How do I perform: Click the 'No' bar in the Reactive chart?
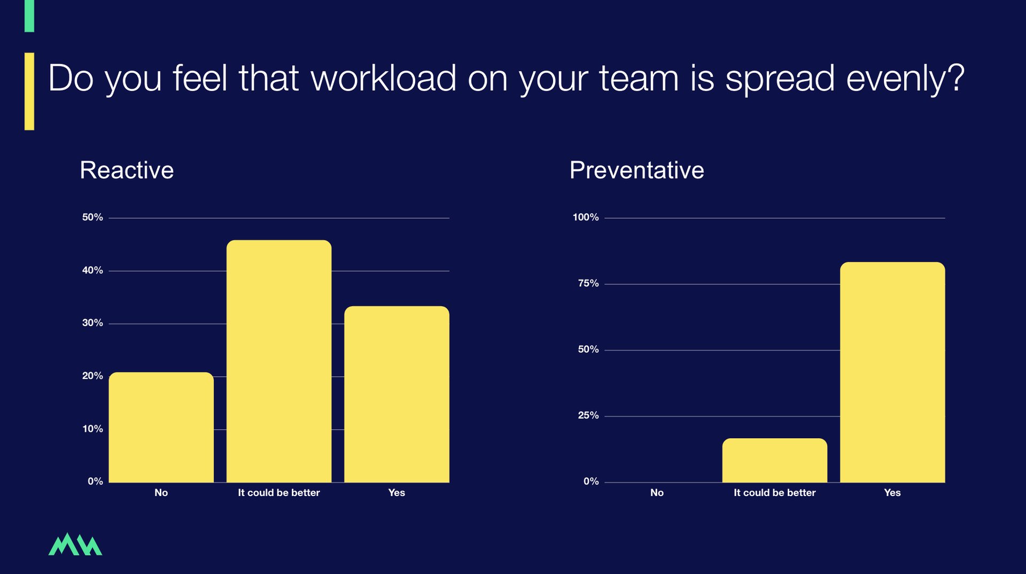point(161,427)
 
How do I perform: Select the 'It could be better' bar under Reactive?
point(279,361)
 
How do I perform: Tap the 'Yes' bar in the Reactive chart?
point(397,394)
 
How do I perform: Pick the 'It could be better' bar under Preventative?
point(775,460)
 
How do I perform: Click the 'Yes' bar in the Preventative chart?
point(892,372)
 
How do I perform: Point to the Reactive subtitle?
point(127,170)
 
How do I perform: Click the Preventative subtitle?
point(636,170)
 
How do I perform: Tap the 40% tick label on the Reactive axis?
point(92,270)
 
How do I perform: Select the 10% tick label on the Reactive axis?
point(92,429)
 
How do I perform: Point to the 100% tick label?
point(586,218)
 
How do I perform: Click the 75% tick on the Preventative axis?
point(588,283)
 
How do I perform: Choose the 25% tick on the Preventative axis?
point(588,415)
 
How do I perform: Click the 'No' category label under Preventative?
point(657,493)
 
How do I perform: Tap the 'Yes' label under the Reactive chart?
point(397,493)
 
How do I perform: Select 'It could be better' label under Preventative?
point(775,493)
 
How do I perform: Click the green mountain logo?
point(75,544)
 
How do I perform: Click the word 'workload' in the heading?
point(383,78)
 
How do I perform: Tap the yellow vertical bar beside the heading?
point(29,91)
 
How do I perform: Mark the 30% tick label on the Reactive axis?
point(92,323)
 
